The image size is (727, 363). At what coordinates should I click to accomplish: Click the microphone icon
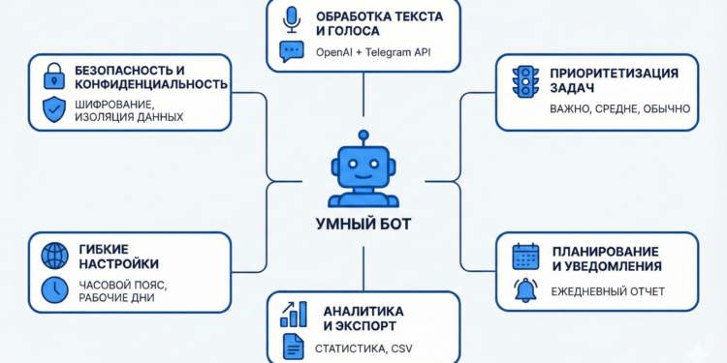291,18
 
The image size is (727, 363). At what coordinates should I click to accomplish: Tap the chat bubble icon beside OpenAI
291,51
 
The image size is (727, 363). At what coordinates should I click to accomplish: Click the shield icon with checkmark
54,109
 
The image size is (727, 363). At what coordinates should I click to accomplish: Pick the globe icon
54,256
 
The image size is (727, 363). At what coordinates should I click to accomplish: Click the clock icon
54,288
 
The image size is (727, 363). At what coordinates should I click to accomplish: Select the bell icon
525,289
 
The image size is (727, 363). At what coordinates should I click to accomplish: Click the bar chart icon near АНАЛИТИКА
293,314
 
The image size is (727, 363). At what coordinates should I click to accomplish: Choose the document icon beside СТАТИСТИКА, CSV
292,346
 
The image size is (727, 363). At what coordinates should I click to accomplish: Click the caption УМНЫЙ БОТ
363,225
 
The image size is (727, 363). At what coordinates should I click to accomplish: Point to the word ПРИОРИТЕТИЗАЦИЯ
613,72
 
